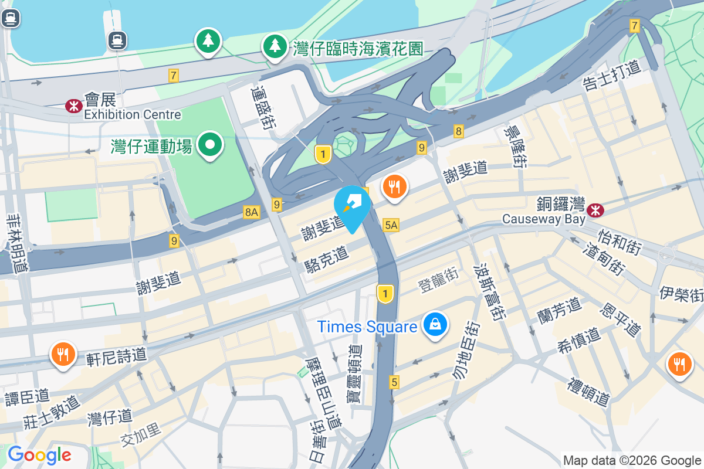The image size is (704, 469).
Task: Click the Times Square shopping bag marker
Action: point(435,325)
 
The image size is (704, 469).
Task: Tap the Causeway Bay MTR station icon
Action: point(596,209)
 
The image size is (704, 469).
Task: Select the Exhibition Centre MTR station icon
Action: point(73,106)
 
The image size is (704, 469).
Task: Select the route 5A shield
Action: point(391,225)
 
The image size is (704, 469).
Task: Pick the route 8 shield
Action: point(458,131)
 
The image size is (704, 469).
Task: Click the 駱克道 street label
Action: point(327,259)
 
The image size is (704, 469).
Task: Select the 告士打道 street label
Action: point(611,76)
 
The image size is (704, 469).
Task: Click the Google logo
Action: point(39,455)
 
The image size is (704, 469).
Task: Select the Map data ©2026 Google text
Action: point(632,460)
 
